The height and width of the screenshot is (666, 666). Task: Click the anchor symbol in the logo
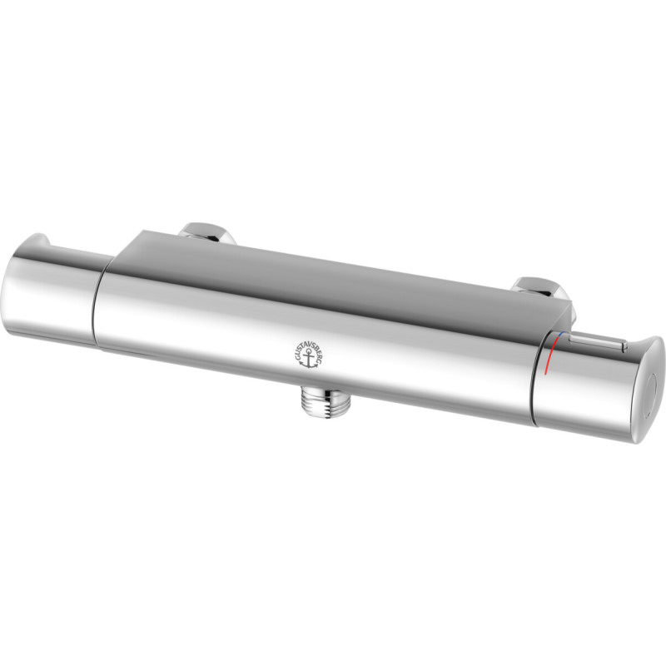coord(308,360)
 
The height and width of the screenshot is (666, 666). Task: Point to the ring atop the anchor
coord(308,354)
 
